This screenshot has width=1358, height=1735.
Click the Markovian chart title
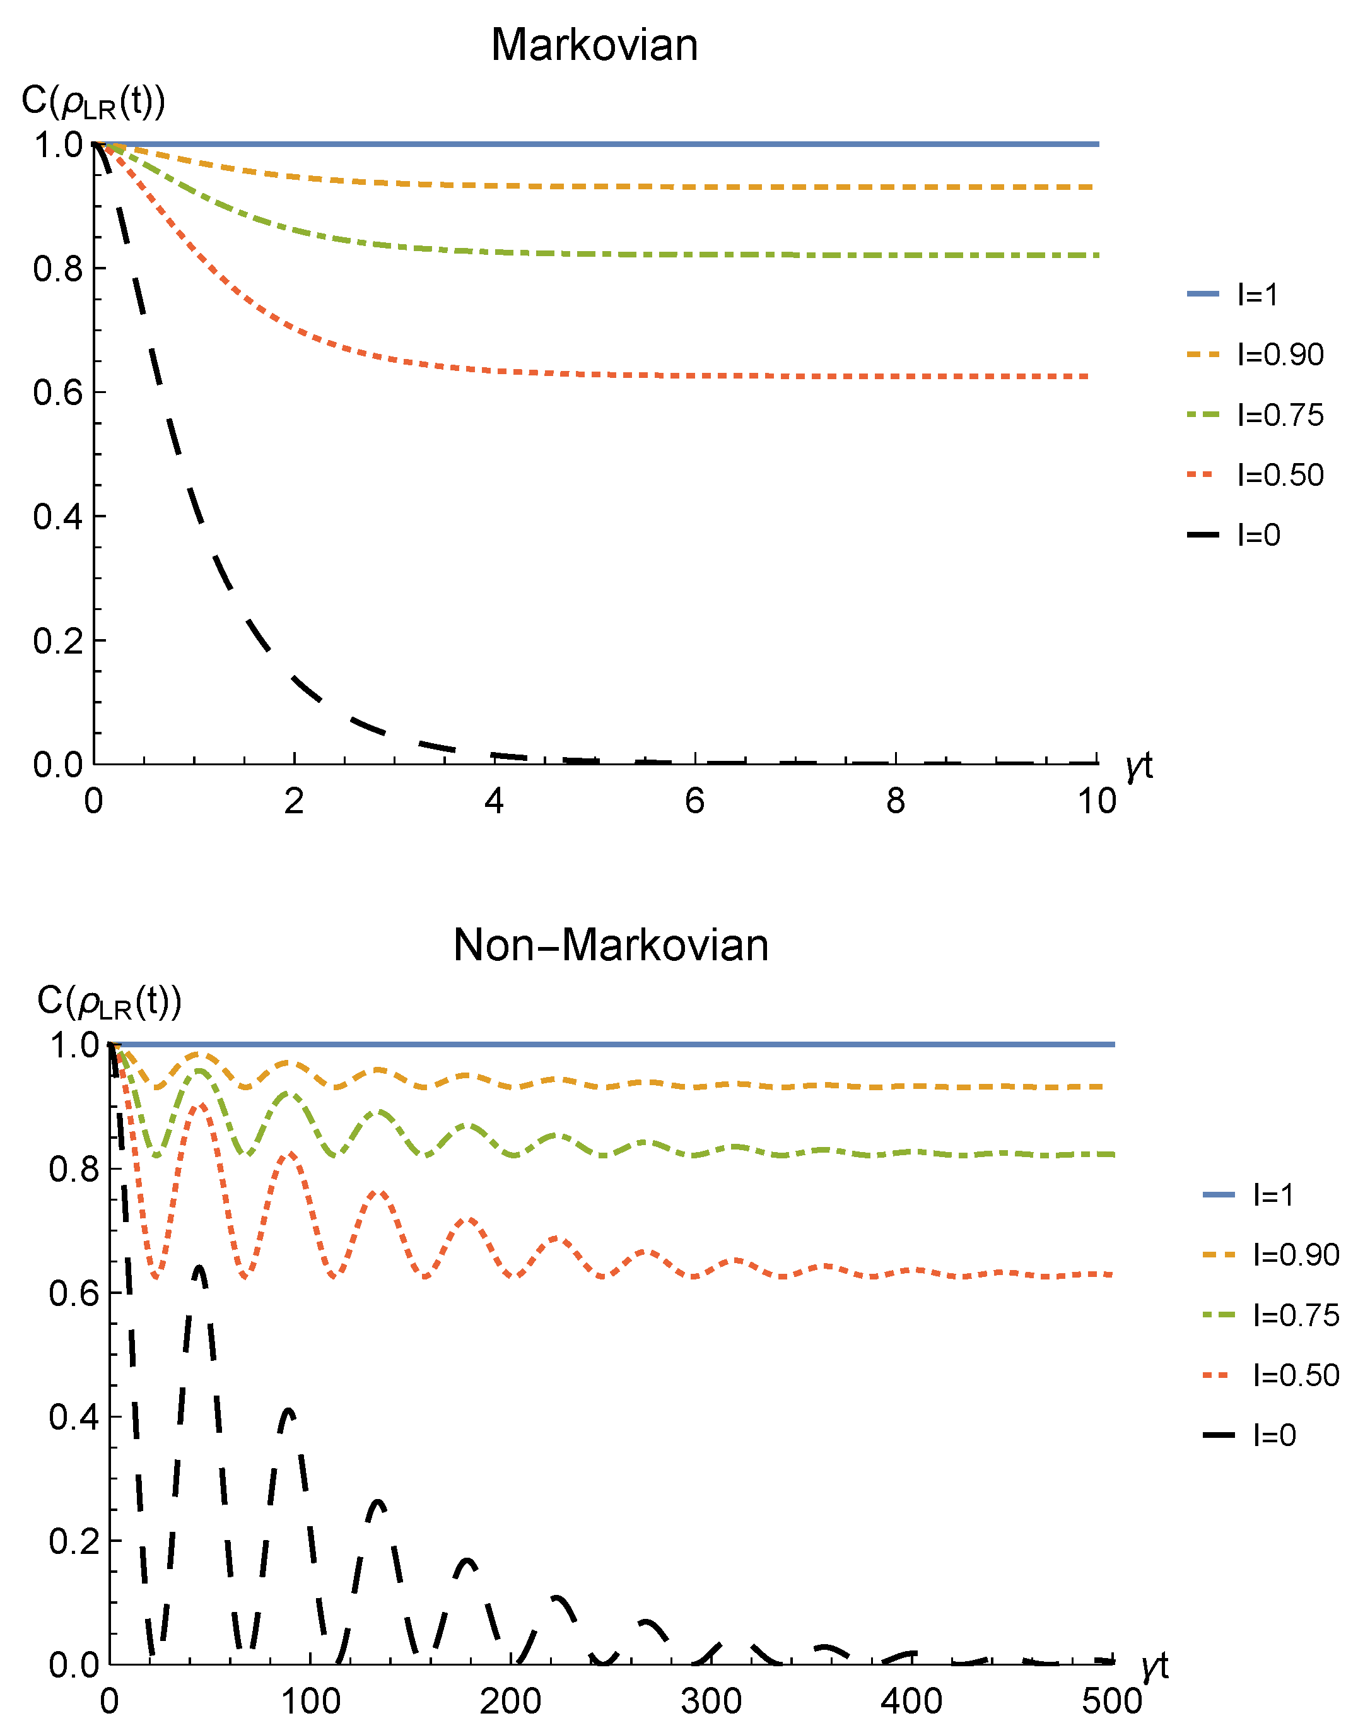point(594,45)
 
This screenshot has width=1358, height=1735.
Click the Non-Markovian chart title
point(611,946)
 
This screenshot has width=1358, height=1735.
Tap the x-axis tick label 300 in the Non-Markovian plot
point(711,1702)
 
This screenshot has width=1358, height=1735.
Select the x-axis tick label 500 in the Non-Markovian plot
point(1111,1702)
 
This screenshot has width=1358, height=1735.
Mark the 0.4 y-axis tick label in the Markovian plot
point(58,517)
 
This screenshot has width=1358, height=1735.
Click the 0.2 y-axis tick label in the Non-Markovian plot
point(74,1542)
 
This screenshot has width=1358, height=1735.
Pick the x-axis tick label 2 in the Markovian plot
point(293,801)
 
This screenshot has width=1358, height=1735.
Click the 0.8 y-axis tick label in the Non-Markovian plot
point(74,1169)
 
